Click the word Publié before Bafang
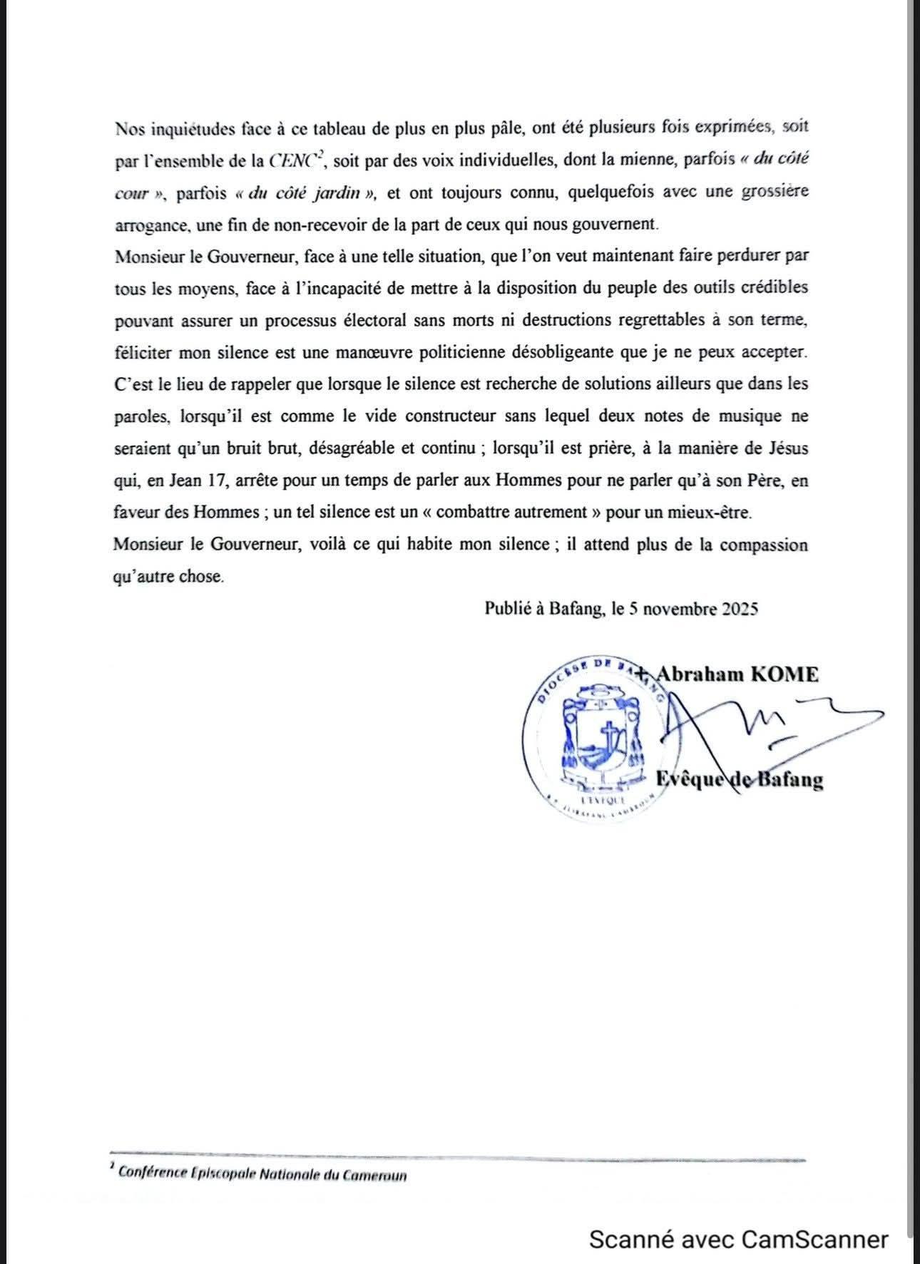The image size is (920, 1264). tap(505, 609)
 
